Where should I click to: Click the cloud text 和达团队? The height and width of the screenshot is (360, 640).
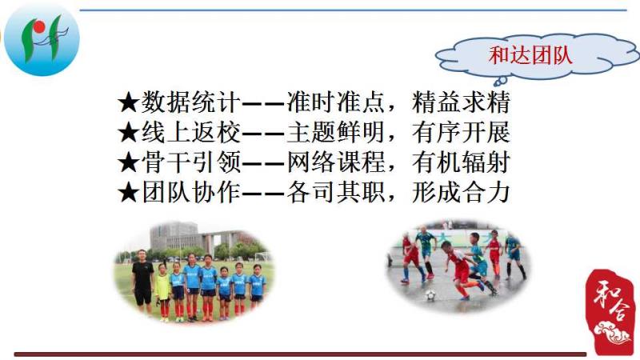[x=530, y=55]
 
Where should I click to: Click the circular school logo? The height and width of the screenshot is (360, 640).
[x=42, y=39]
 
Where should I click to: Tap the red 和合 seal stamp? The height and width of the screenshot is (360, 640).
[x=610, y=311]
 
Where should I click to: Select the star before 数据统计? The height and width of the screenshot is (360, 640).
[x=128, y=102]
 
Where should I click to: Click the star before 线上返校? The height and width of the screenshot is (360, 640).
[x=128, y=133]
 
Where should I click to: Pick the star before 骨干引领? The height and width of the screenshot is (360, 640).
[x=128, y=163]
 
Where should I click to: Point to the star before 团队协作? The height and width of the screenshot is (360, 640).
[x=128, y=193]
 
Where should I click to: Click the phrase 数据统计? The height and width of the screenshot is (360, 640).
[x=190, y=102]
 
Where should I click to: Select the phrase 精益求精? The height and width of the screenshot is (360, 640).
[x=462, y=102]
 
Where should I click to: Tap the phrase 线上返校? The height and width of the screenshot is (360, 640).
[x=190, y=132]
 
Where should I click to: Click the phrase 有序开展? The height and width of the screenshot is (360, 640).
[x=462, y=132]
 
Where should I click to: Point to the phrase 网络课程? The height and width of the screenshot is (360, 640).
[x=336, y=162]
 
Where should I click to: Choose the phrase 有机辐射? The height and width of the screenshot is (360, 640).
[x=462, y=162]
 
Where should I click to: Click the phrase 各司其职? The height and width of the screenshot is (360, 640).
[x=336, y=193]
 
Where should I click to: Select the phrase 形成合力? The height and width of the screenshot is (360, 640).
[x=462, y=193]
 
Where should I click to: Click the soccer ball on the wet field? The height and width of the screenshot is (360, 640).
[x=430, y=295]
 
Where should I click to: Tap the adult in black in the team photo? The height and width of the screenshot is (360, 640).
[x=142, y=282]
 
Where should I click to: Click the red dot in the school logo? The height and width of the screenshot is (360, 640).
[x=39, y=27]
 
